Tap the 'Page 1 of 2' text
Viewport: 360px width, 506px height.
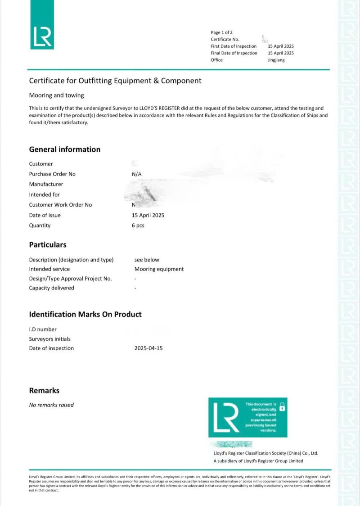tap(222, 32)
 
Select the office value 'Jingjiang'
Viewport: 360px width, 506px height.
tap(276, 60)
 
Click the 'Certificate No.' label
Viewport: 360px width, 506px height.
tap(225, 39)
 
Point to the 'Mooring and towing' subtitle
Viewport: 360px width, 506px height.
tap(56, 95)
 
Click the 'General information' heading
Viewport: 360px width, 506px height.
tap(65, 149)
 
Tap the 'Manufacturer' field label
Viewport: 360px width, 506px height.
tap(46, 184)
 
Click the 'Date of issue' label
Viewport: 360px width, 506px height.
tap(45, 215)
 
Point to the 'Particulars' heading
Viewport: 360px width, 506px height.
tap(48, 245)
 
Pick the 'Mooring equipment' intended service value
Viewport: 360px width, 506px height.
tap(159, 269)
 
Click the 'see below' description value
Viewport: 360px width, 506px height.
tap(147, 260)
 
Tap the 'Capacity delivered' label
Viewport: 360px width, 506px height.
tap(52, 288)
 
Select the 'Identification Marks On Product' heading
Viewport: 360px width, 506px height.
tap(85, 314)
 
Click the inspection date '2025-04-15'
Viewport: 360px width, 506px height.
tap(148, 348)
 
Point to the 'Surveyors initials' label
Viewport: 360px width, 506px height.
tap(50, 339)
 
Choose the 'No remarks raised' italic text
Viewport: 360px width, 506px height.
tap(51, 405)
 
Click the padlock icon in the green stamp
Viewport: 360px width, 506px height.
tap(282, 407)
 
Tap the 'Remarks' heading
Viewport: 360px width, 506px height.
tap(44, 390)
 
